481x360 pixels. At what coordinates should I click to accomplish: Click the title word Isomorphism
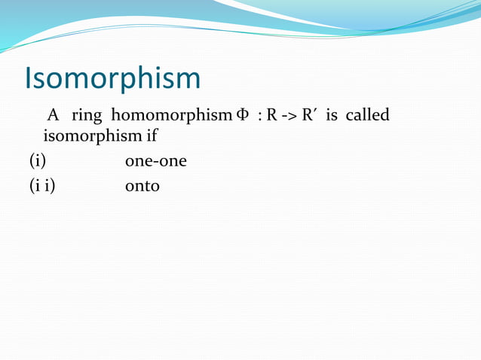[112, 78]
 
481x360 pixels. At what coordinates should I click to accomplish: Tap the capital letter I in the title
[29, 78]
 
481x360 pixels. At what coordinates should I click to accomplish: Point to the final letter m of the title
[188, 81]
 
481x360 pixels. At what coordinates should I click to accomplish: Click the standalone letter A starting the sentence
[53, 116]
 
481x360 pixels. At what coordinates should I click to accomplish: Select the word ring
[86, 117]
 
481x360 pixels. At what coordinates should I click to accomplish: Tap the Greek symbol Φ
[241, 116]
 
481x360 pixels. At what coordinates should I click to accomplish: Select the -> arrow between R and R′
[287, 117]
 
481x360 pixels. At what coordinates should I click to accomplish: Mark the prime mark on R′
[313, 112]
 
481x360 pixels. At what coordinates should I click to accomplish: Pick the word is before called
[331, 116]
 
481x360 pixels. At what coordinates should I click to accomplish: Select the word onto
[142, 185]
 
